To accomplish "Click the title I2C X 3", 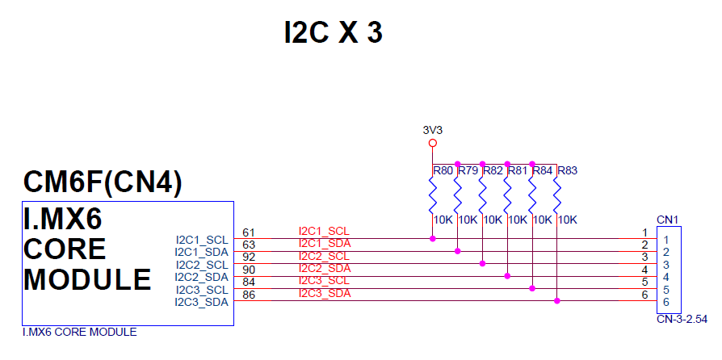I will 333,32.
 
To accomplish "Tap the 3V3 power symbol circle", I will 432,143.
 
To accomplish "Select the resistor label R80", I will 443,170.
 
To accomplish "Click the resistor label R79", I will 468,170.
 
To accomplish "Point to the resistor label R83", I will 568,170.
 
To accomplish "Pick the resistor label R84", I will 543,170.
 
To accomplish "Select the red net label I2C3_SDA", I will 325,294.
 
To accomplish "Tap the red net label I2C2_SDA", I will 325,269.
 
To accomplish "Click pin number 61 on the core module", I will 249,232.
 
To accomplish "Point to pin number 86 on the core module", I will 249,295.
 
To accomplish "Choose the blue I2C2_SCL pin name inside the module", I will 202,265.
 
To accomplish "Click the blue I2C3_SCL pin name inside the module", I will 202,290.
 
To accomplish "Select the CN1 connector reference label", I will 667,220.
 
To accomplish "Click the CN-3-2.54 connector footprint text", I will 682,319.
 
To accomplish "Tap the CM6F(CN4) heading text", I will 103,182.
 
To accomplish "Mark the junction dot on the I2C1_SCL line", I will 433,238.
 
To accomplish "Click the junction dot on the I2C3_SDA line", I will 557,301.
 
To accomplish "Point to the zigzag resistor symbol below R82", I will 482,196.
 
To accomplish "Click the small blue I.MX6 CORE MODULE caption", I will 79,332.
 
